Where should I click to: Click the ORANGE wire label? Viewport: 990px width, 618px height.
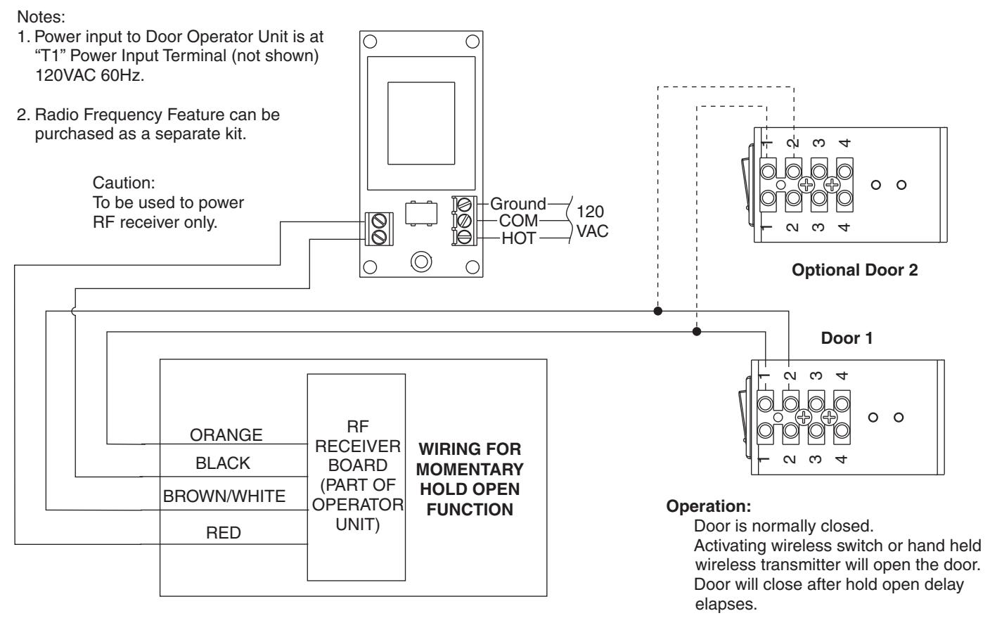click(226, 435)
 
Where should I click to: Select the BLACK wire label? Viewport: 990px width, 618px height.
click(223, 463)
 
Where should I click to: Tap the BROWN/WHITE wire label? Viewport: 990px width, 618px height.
click(224, 496)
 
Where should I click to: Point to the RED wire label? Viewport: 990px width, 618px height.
click(224, 533)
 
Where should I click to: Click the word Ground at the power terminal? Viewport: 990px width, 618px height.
click(518, 204)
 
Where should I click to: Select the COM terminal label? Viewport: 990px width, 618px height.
click(518, 221)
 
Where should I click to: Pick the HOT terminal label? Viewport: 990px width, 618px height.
click(519, 238)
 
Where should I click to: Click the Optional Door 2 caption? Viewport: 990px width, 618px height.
click(854, 270)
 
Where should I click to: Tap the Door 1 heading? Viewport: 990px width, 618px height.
click(847, 338)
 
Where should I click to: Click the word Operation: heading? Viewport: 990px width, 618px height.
click(709, 506)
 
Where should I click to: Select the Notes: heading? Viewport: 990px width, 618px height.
click(41, 17)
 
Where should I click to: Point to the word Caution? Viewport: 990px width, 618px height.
click(124, 183)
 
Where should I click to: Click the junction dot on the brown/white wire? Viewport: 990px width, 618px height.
click(657, 311)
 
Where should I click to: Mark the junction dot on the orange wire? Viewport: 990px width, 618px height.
click(697, 332)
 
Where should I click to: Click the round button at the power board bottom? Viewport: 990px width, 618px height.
click(420, 262)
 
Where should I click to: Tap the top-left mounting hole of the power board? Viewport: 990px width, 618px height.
click(370, 41)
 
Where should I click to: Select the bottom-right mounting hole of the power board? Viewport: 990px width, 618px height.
click(472, 267)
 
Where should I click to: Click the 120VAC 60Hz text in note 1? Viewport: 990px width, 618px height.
click(90, 75)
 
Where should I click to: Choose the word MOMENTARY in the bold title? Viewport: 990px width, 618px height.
click(470, 469)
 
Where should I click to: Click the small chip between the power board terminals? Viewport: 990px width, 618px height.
click(421, 214)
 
